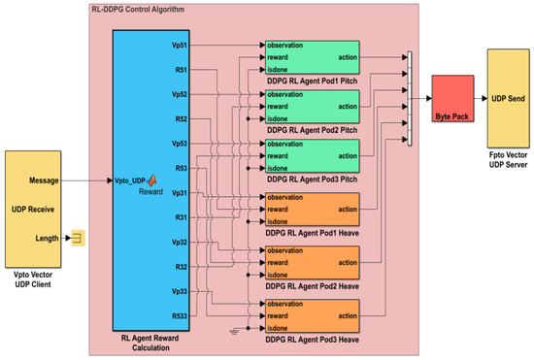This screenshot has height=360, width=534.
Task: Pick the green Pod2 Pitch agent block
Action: click(x=310, y=106)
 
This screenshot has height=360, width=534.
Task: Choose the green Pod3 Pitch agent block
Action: click(x=310, y=155)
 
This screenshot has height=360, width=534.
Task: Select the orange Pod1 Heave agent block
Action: click(x=310, y=211)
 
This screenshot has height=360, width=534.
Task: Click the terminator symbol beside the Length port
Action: click(x=75, y=238)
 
